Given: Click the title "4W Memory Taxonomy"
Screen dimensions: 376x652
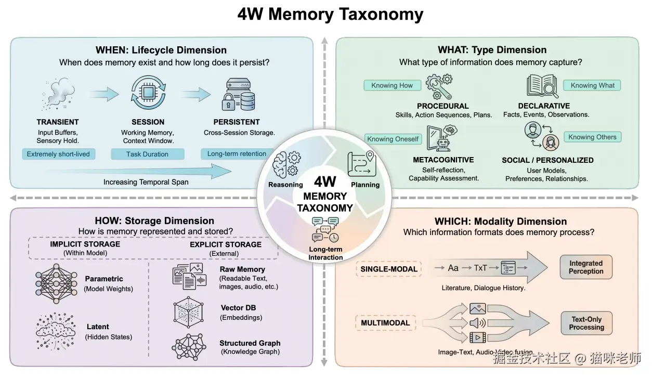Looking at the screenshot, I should point(330,14).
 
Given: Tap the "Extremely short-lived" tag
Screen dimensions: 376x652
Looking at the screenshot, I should point(58,154).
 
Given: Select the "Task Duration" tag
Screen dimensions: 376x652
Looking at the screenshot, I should point(148,154).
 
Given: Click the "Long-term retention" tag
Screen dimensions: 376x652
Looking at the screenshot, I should point(237,154).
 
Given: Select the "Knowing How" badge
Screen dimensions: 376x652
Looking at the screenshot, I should point(392,85).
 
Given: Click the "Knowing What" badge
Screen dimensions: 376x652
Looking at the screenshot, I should point(592,85).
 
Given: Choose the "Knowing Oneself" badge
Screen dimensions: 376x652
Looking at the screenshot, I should point(393,139).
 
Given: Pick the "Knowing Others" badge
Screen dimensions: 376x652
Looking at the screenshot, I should point(592,137).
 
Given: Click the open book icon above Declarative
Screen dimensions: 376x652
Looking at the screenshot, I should point(542,86).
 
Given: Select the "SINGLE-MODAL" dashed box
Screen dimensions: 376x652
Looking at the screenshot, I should point(389,269).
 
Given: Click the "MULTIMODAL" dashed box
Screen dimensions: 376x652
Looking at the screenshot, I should point(385,323).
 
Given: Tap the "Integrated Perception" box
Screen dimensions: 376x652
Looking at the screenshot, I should point(586,267).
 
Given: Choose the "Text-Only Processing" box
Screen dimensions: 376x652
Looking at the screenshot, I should point(586,323).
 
